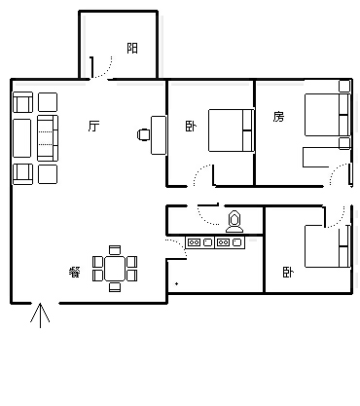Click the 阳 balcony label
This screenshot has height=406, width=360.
click(132, 48)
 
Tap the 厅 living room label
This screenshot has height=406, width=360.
click(93, 126)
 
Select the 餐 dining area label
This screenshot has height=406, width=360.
click(75, 272)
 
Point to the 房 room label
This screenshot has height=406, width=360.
click(278, 117)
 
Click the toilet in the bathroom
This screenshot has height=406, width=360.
click(234, 222)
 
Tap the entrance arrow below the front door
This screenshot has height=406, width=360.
click(40, 315)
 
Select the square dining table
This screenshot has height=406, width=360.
click(115, 269)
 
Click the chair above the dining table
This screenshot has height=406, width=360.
click(115, 250)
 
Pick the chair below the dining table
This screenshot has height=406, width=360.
click(115, 287)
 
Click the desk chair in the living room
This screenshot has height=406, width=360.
click(144, 134)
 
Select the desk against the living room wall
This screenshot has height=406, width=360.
click(159, 135)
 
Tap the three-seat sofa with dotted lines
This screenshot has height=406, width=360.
click(48, 138)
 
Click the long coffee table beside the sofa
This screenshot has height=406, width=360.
click(21, 138)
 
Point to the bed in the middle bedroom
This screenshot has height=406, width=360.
click(231, 130)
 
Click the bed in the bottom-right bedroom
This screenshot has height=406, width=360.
click(327, 246)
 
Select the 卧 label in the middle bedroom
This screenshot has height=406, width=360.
click(191, 126)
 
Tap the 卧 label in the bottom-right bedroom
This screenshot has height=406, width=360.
click(288, 272)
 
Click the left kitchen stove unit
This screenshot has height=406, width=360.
click(200, 242)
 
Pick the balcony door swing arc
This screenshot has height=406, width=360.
click(106, 70)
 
